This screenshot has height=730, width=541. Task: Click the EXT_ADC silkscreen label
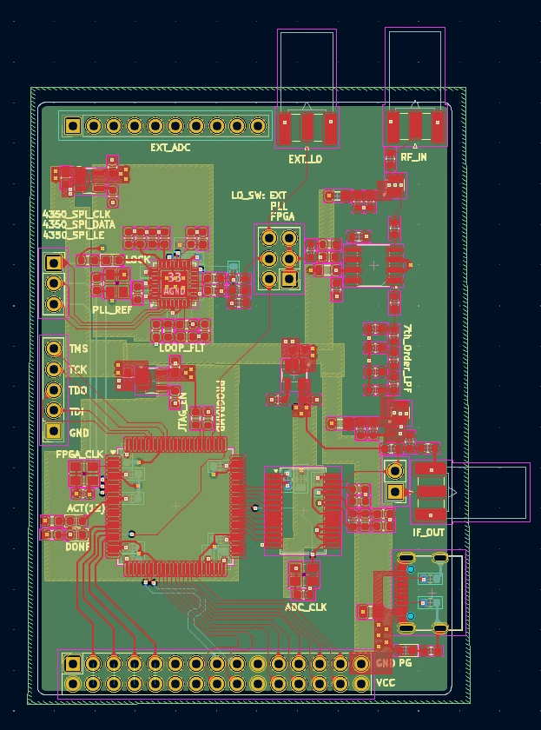pyautogui.click(x=170, y=148)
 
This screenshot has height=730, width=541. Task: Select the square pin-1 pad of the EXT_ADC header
pyautogui.click(x=73, y=126)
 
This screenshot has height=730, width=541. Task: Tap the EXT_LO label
pyautogui.click(x=305, y=159)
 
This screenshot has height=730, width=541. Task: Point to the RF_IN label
pyautogui.click(x=413, y=157)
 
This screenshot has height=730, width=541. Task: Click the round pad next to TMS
pyautogui.click(x=54, y=349)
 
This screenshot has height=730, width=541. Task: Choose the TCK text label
pyautogui.click(x=78, y=370)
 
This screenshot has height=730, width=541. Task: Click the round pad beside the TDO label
pyautogui.click(x=54, y=390)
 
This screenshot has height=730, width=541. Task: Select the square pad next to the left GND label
pyautogui.click(x=54, y=431)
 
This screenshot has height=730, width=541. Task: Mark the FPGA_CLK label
pyautogui.click(x=79, y=455)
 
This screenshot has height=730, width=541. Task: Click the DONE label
pyautogui.click(x=77, y=547)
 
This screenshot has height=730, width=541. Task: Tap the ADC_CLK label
pyautogui.click(x=306, y=607)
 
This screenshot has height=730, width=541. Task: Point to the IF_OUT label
pyautogui.click(x=428, y=532)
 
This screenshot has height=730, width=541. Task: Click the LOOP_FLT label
pyautogui.click(x=182, y=348)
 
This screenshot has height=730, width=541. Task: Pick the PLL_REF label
pyautogui.click(x=112, y=309)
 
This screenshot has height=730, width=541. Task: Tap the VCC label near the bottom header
pyautogui.click(x=386, y=684)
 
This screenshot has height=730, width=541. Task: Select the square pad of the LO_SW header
pyautogui.click(x=289, y=279)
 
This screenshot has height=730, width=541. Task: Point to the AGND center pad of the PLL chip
pyautogui.click(x=175, y=282)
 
